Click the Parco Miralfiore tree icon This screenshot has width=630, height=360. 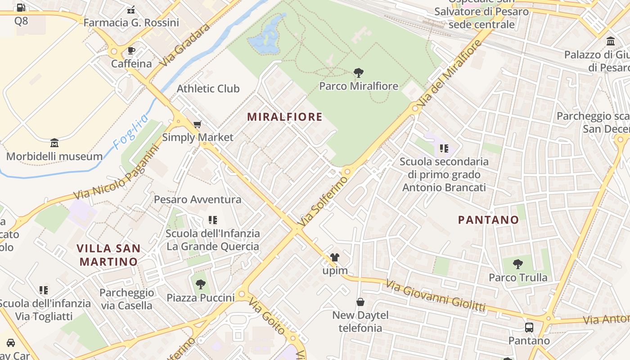pos(359,72)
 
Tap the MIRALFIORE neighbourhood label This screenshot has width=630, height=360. pos(285,117)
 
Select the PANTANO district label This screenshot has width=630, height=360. pos(488,220)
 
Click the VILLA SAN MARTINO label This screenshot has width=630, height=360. pos(108,255)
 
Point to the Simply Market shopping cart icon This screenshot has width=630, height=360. pos(197,124)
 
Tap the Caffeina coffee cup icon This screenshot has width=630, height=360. pos(131,50)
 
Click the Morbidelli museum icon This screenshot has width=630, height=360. pos(54,143)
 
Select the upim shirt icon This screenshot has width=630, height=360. pos(335,257)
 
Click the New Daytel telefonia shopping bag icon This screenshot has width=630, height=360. pos(360,301)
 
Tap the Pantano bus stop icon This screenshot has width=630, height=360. pos(529,327)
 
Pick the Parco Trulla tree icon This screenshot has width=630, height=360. pos(518,264)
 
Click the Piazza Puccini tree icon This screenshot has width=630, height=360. pos(201,284)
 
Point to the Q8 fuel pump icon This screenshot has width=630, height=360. pos(21,8)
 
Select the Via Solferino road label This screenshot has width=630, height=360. pos(324,201)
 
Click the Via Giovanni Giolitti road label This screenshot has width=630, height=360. pos(436,296)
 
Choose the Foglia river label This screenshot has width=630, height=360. pos(130,132)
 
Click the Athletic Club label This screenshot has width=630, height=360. pos(208,88)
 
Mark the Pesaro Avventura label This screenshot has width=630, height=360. pos(198,199)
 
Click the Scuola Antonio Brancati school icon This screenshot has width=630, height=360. pos(444,148)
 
